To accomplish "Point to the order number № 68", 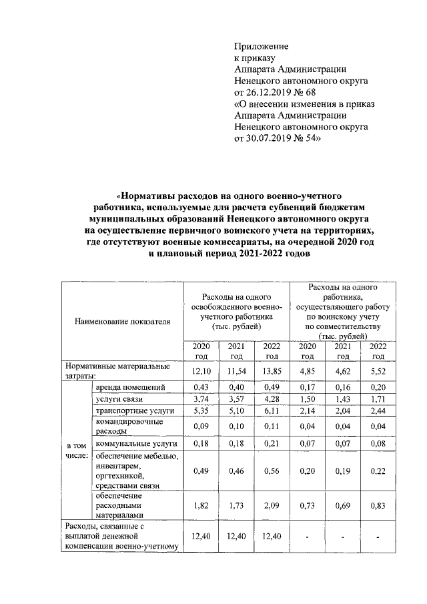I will (x=322, y=92).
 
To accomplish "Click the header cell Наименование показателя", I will (x=122, y=321).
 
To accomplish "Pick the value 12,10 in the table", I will (x=201, y=370).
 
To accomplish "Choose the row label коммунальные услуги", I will (x=135, y=443).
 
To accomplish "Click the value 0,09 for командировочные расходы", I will (x=201, y=426).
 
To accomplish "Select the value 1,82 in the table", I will (x=201, y=506).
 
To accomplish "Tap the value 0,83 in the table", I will (x=378, y=506).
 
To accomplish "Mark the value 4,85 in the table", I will (x=308, y=370).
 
